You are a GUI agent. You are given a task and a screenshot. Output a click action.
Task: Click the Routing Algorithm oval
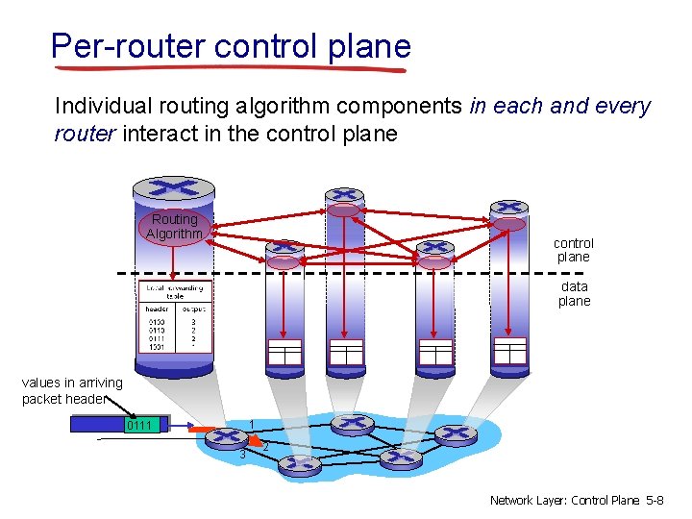click(174, 227)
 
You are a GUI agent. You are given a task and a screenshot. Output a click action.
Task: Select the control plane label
click(574, 250)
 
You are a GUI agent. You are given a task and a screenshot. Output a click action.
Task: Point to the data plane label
click(574, 293)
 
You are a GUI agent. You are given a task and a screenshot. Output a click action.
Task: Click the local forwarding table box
click(174, 318)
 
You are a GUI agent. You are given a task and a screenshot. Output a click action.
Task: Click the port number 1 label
click(251, 425)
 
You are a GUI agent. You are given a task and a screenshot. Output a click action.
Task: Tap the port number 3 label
click(243, 454)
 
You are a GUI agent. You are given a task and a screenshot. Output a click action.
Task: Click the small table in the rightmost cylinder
click(509, 352)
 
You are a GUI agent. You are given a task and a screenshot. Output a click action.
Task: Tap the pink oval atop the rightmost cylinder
click(509, 224)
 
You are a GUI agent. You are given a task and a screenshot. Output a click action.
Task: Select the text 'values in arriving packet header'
click(72, 391)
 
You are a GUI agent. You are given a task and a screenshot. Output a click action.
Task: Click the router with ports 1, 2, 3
click(232, 439)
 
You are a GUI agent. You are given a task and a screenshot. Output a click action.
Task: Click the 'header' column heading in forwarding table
click(157, 309)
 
